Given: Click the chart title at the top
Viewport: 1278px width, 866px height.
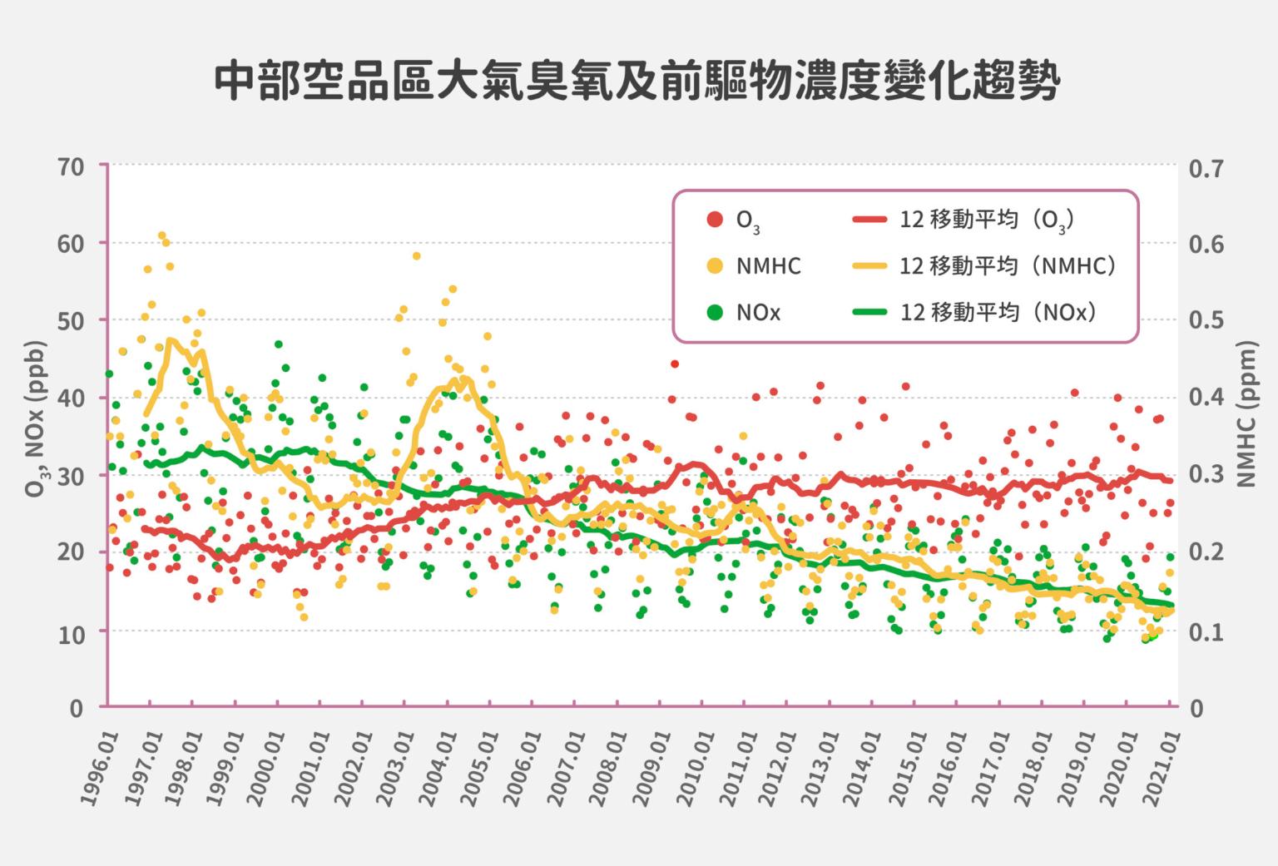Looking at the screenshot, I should [x=638, y=82].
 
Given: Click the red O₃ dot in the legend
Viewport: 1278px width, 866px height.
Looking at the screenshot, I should [x=714, y=220].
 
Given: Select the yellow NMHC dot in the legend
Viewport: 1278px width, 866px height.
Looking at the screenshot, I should [x=714, y=266].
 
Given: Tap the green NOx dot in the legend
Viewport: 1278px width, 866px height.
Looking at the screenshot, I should [x=714, y=313].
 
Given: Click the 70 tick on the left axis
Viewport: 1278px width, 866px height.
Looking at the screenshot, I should [x=72, y=166].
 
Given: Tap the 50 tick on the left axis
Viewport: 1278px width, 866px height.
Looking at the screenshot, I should [x=72, y=321].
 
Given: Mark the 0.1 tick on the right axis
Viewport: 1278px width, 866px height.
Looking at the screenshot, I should [x=1206, y=632].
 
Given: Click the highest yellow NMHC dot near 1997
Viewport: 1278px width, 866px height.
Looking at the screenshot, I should [x=162, y=235].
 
